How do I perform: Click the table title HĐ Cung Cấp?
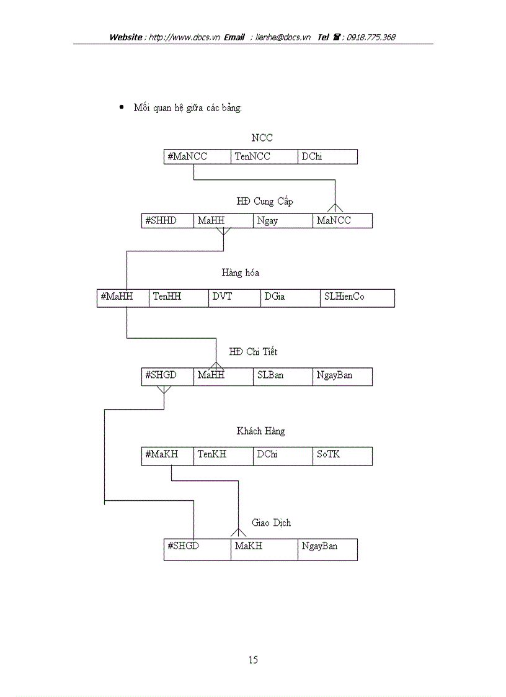click(264, 202)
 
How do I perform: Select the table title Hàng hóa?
click(240, 273)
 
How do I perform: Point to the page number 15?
click(253, 660)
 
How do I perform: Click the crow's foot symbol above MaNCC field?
click(335, 207)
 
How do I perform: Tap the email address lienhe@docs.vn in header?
click(283, 37)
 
